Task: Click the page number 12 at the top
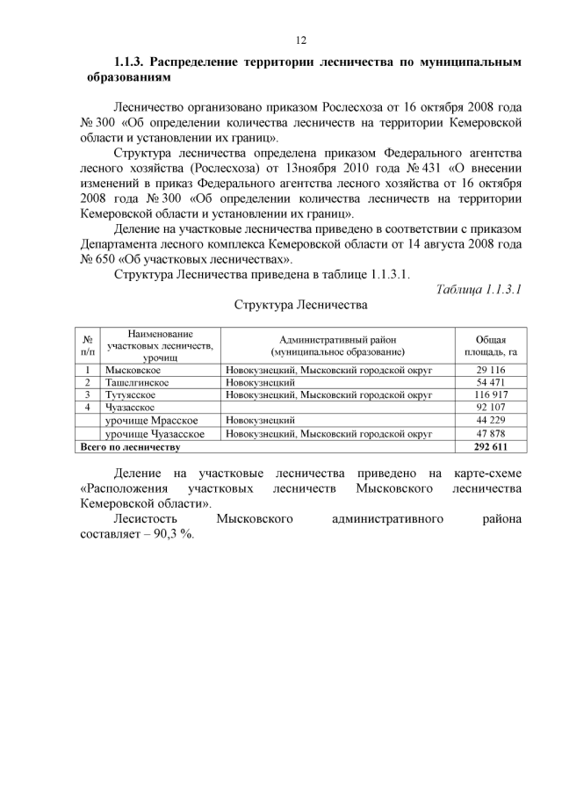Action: pyautogui.click(x=299, y=40)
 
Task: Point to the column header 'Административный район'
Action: pyautogui.click(x=337, y=339)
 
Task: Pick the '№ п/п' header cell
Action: pyautogui.click(x=87, y=345)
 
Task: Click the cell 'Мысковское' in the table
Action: pyautogui.click(x=133, y=370)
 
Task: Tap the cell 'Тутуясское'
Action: pyautogui.click(x=131, y=395)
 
